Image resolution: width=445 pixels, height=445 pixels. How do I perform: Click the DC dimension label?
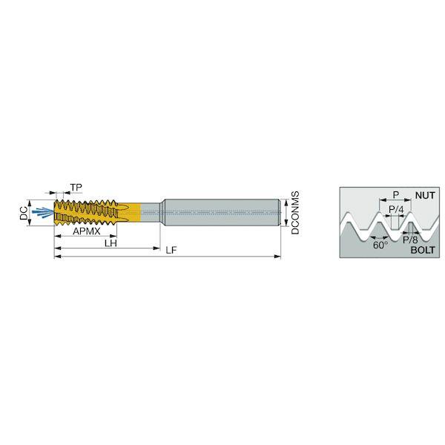pyautogui.click(x=24, y=213)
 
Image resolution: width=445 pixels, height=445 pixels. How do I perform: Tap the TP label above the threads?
pyautogui.click(x=76, y=188)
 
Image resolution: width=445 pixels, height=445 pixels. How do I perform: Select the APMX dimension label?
pyautogui.click(x=87, y=231)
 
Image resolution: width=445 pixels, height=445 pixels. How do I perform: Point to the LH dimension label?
pyautogui.click(x=111, y=243)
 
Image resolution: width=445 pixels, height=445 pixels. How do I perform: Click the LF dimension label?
pyautogui.click(x=171, y=250)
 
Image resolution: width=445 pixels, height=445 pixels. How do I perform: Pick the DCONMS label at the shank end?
pyautogui.click(x=295, y=213)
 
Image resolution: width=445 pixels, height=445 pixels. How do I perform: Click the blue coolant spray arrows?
pyautogui.click(x=42, y=212)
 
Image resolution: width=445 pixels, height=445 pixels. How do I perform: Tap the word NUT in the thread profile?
pyautogui.click(x=425, y=195)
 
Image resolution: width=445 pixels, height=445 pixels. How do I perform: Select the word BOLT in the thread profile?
pyautogui.click(x=423, y=250)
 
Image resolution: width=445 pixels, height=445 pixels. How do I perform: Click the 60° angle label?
pyautogui.click(x=380, y=245)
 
